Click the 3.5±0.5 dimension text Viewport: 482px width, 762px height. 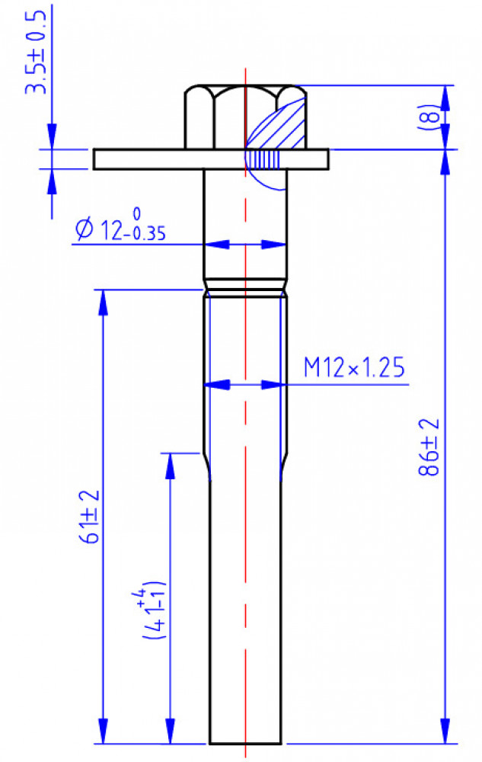pyautogui.click(x=37, y=51)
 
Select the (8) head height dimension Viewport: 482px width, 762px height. pyautogui.click(x=429, y=117)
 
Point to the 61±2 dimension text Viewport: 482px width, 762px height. pyautogui.click(x=90, y=516)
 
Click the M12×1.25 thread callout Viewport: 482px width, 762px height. pyautogui.click(x=354, y=367)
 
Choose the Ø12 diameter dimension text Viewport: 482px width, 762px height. pyautogui.click(x=121, y=224)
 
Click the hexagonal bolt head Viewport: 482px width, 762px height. pyautogui.click(x=245, y=117)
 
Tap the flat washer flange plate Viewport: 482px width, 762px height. pyautogui.click(x=211, y=159)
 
